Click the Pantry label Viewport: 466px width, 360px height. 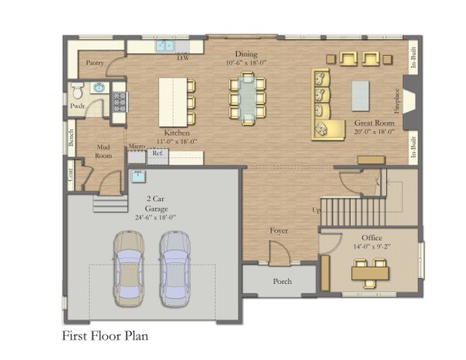[95, 64]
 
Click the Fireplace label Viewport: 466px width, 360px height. [397, 102]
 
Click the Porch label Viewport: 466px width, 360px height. [282, 281]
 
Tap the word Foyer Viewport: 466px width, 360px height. [279, 231]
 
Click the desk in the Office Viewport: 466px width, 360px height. [370, 272]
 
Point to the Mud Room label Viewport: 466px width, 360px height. [105, 151]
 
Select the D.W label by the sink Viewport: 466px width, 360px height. [184, 58]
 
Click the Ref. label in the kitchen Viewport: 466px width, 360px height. [157, 154]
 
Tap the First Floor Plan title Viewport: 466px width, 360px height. [105, 337]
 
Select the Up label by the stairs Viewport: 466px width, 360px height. [315, 210]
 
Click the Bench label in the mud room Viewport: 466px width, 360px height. [71, 138]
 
